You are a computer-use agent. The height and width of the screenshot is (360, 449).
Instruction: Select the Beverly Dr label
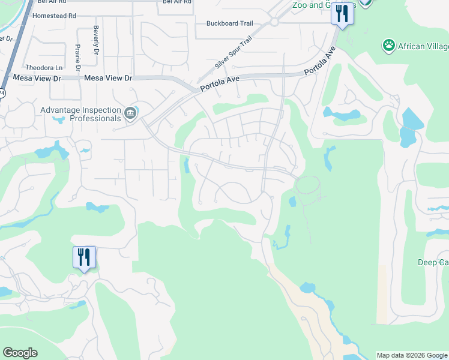tap(96, 40)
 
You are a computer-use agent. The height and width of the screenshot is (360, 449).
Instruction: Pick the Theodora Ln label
tap(44, 68)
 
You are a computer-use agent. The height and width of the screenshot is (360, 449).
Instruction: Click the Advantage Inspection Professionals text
tap(80, 114)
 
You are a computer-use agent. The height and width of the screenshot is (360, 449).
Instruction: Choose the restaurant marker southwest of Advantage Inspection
tap(83, 257)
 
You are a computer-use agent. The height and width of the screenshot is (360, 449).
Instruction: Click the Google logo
tap(20, 353)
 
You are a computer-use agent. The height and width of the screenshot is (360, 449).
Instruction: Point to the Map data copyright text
tap(412, 355)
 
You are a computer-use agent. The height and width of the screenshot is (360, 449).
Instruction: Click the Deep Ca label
tap(433, 262)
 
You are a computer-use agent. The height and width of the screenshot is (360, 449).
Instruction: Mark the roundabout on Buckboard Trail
tap(274, 22)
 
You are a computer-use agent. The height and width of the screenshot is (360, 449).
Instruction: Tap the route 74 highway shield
tap(2, 94)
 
